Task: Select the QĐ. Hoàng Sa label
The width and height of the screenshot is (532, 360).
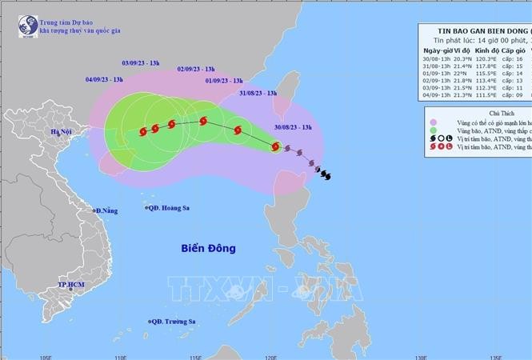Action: (x=171, y=206)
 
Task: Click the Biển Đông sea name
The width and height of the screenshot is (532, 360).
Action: (x=208, y=248)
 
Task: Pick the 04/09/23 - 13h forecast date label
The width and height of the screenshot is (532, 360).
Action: (x=104, y=79)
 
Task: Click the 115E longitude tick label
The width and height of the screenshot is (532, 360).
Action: (x=197, y=355)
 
